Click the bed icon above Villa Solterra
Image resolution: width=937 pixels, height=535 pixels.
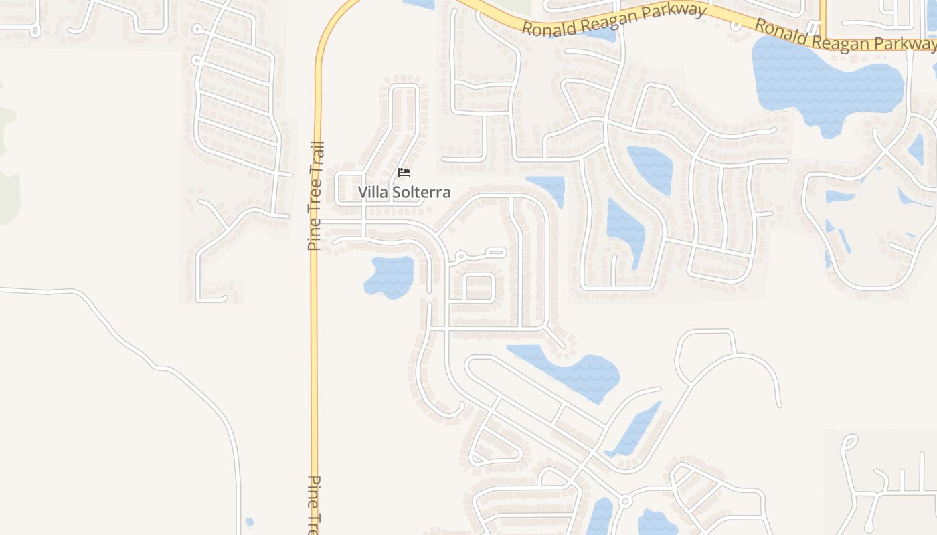click(x=404, y=173)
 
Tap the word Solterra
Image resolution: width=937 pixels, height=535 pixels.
click(x=421, y=193)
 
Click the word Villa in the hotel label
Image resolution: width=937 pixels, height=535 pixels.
click(x=372, y=193)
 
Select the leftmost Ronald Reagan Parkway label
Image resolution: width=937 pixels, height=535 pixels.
click(x=614, y=20)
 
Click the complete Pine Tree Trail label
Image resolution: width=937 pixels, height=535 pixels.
click(x=315, y=196)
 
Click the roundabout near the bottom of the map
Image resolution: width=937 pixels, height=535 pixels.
click(x=625, y=501)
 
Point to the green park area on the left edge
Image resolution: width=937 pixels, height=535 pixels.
click(x=8, y=167)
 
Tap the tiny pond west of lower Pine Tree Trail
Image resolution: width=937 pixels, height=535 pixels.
click(x=250, y=522)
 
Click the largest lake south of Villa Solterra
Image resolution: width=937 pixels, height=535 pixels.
click(x=572, y=372)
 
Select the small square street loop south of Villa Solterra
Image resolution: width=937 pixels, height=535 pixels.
click(x=479, y=288)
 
